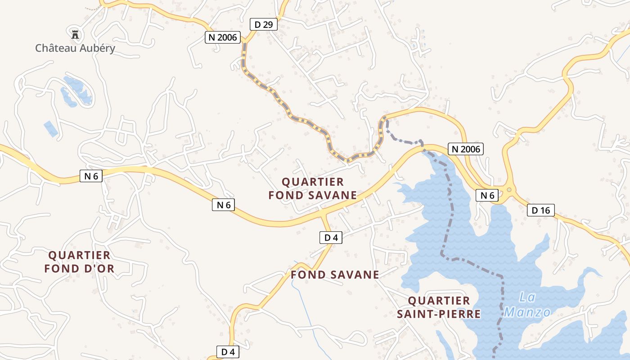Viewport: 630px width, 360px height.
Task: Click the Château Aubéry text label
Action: point(75,48)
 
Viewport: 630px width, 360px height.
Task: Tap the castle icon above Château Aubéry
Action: point(75,34)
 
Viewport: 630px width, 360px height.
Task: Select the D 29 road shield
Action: point(264,24)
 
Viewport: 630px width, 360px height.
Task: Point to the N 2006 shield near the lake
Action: point(465,149)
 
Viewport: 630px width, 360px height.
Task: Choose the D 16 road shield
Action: point(541,210)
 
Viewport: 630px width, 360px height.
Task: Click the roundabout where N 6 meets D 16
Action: point(509,190)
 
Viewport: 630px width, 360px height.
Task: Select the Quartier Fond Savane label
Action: point(312,189)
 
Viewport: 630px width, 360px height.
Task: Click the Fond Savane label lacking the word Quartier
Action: point(335,274)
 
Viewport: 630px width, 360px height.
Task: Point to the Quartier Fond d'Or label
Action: point(79,262)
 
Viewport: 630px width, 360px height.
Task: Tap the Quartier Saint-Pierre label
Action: point(439,307)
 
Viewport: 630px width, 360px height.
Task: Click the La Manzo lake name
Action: point(528,305)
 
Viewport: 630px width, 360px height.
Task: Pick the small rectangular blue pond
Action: point(51,129)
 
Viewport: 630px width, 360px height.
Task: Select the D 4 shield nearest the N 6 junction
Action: point(331,238)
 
